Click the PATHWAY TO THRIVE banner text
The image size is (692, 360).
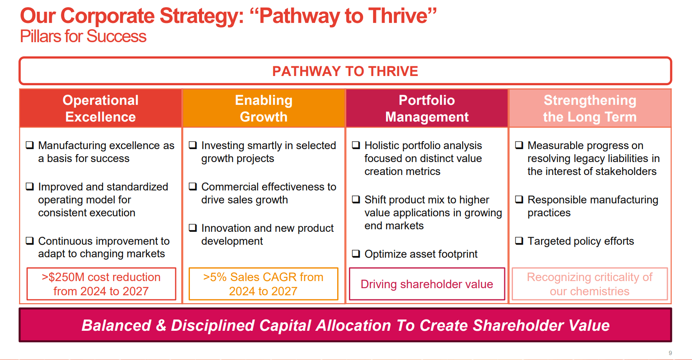(345, 71)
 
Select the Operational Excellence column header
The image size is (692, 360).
(101, 108)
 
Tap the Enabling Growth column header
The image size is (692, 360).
(264, 108)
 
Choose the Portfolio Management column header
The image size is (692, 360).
(427, 108)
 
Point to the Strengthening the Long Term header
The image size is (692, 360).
(590, 108)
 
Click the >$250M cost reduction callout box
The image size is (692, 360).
(101, 284)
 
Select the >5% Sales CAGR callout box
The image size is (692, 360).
(263, 284)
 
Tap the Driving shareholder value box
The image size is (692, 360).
(427, 284)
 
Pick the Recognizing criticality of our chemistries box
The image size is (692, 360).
(590, 284)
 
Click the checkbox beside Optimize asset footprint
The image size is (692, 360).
(356, 254)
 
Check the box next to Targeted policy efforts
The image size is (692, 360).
(519, 241)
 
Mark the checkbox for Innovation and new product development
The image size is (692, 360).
(193, 228)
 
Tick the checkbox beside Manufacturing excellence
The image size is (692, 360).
(30, 145)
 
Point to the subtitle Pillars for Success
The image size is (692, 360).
(83, 36)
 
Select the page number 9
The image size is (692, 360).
(670, 353)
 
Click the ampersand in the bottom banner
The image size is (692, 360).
(161, 325)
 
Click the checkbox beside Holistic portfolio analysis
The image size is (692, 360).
(356, 145)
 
